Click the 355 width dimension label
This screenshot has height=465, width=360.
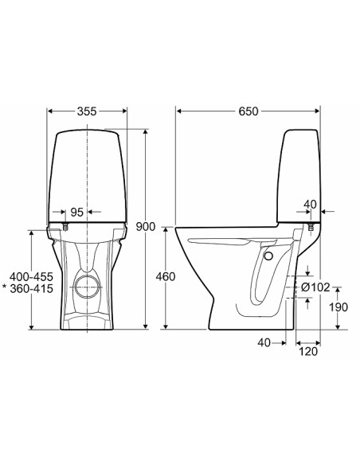coord(87,111)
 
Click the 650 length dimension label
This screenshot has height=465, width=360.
coord(248,111)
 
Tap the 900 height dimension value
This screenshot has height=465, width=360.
coord(145,227)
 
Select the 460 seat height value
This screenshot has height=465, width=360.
coord(166,276)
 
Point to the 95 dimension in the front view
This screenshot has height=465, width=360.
coord(76,212)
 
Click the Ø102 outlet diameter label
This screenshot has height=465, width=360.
coord(315,287)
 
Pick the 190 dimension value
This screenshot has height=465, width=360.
coord(338,307)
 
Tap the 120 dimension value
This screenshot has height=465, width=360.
coord(308,352)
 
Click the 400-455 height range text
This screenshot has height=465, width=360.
coord(31,276)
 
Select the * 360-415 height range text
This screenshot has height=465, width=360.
coord(28,288)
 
